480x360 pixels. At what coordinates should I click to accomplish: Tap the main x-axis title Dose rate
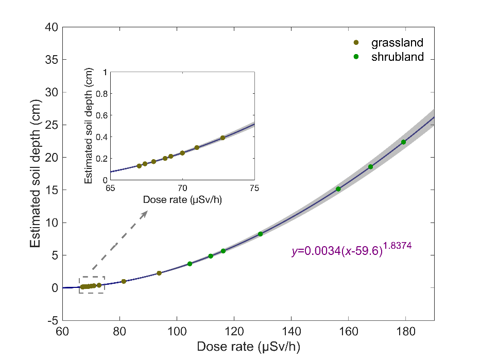(248, 346)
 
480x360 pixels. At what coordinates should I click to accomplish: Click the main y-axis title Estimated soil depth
(36, 173)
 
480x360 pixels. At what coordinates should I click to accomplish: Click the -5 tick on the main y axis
(52, 320)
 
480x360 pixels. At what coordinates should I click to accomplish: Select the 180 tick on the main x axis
(405, 331)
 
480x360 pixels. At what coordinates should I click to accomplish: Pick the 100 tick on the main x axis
(177, 331)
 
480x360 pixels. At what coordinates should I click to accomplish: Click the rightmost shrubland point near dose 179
(403, 142)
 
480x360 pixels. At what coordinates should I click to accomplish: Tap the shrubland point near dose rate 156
(338, 189)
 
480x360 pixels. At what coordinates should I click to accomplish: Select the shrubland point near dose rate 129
(260, 234)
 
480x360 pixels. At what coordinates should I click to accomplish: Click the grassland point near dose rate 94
(159, 273)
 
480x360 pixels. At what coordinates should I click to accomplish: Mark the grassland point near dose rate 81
(124, 281)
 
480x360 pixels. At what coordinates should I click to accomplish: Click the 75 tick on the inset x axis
(254, 188)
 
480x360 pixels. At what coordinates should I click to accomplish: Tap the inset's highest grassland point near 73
(222, 138)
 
